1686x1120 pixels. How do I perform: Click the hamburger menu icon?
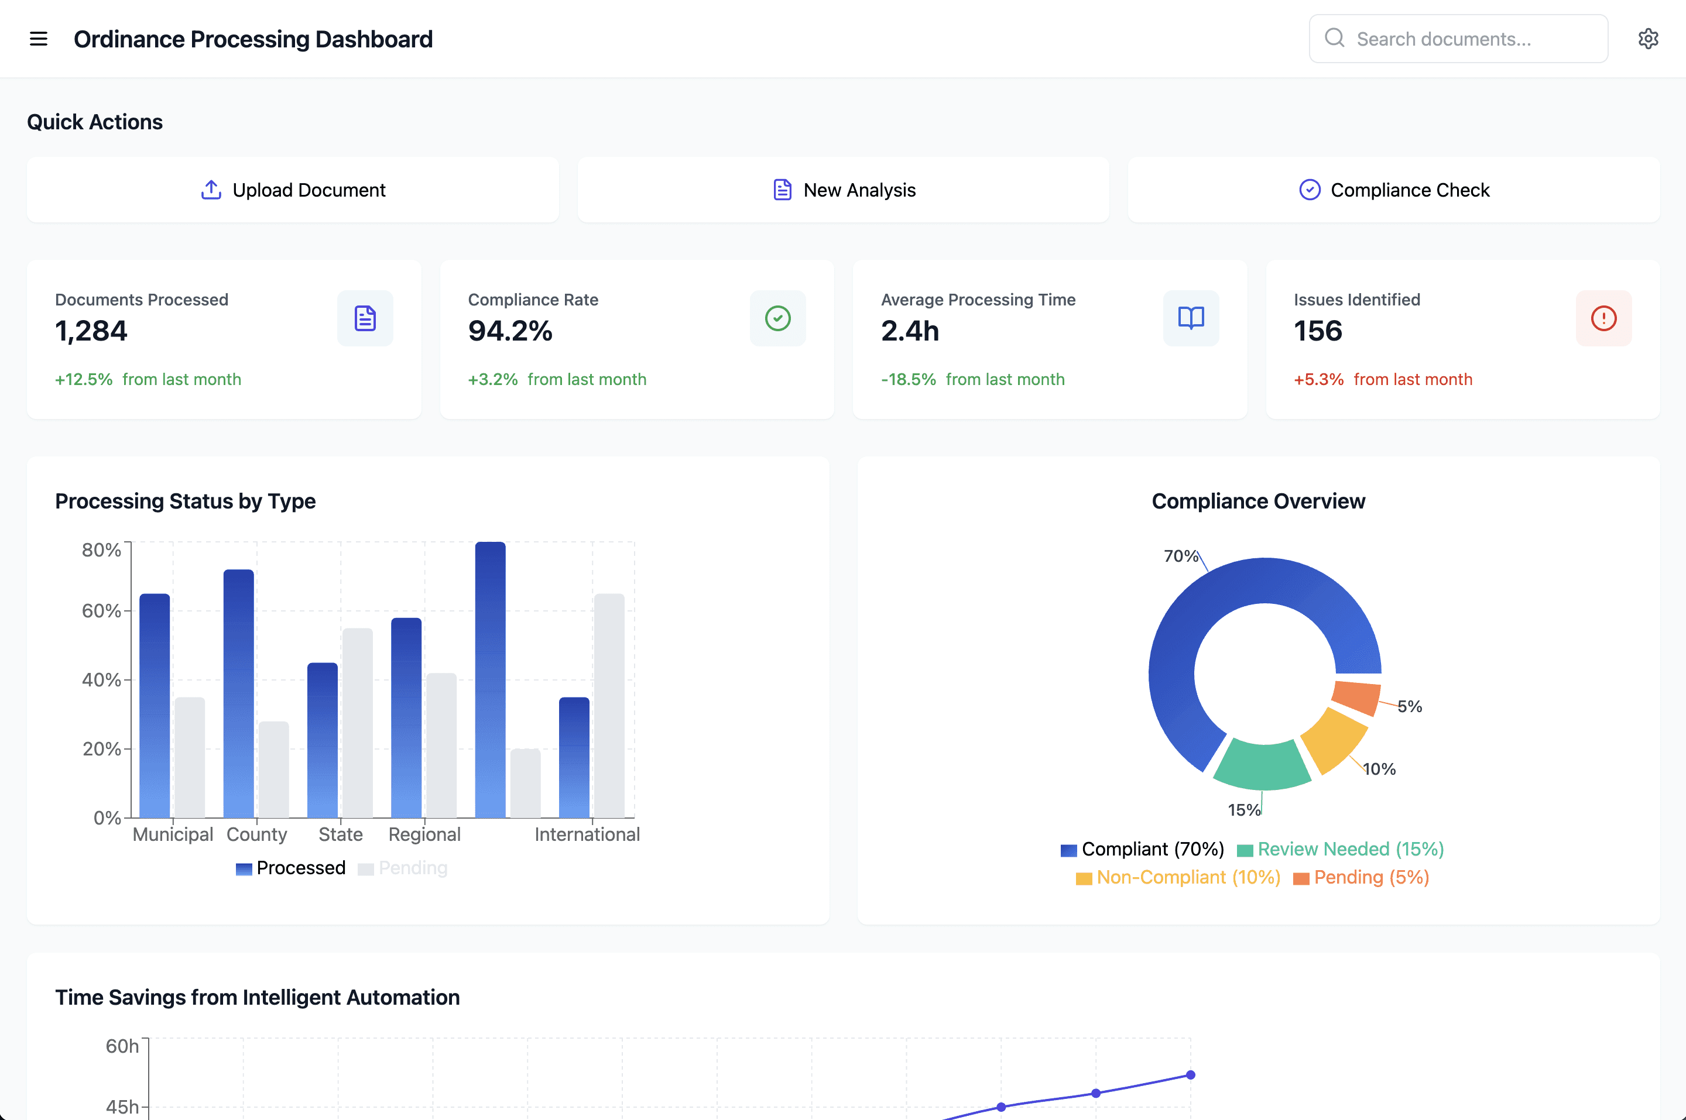pyautogui.click(x=39, y=39)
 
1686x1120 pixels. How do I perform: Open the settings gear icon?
pyautogui.click(x=1648, y=39)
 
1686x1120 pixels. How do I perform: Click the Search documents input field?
pyautogui.click(x=1458, y=39)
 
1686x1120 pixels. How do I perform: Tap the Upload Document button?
pyautogui.click(x=293, y=190)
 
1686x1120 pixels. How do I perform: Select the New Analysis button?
pyautogui.click(x=843, y=190)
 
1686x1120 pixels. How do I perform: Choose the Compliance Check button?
pyautogui.click(x=1394, y=190)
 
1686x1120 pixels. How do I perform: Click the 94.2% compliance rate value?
pyautogui.click(x=510, y=331)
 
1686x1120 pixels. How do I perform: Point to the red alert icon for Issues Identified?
pyautogui.click(x=1604, y=318)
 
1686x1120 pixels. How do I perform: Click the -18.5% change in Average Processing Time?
pyautogui.click(x=908, y=379)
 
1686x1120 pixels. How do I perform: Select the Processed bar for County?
pyautogui.click(x=239, y=693)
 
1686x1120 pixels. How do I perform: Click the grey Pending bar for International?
pyautogui.click(x=609, y=705)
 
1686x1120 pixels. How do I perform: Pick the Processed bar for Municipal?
pyautogui.click(x=155, y=705)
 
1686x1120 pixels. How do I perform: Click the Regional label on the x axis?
pyautogui.click(x=424, y=834)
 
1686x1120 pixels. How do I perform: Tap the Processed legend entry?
pyautogui.click(x=291, y=868)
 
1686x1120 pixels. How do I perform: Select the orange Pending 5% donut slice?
pyautogui.click(x=1356, y=697)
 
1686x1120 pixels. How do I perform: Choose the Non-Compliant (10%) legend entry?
pyautogui.click(x=1178, y=877)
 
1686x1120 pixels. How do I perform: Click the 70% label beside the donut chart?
pyautogui.click(x=1181, y=556)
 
